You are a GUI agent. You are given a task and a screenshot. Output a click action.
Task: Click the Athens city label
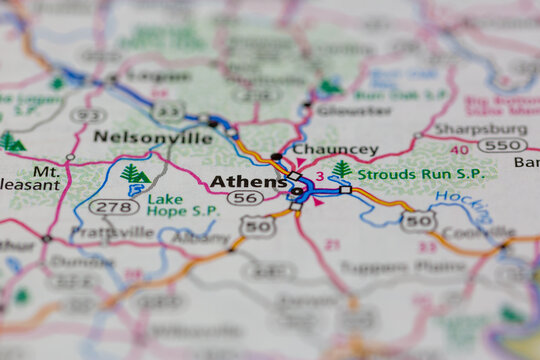(x=246, y=182)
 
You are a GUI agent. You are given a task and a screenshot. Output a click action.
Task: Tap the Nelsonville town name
(x=153, y=137)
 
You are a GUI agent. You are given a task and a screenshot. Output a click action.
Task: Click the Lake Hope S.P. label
(x=182, y=204)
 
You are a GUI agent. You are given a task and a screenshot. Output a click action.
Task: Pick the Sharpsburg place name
(x=481, y=130)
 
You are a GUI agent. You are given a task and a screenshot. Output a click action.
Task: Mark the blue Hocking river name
(x=477, y=206)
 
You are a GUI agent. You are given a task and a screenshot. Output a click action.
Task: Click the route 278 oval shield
(x=113, y=207)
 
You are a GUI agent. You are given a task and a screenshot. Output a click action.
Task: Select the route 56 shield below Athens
(x=245, y=199)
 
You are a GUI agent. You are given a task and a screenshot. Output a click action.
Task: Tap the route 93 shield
(x=88, y=115)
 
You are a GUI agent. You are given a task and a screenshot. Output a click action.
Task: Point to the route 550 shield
(x=501, y=145)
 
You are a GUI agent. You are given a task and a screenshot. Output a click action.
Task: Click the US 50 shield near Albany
(x=258, y=227)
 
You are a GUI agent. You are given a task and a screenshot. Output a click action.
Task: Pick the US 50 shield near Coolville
(x=418, y=221)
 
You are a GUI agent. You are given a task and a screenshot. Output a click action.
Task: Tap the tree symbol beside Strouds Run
(x=342, y=169)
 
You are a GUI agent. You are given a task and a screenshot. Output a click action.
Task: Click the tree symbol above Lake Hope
(x=134, y=174)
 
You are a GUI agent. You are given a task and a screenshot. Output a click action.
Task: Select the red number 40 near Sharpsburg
(x=459, y=150)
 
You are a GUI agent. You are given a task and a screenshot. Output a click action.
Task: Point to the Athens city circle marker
(x=297, y=189)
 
